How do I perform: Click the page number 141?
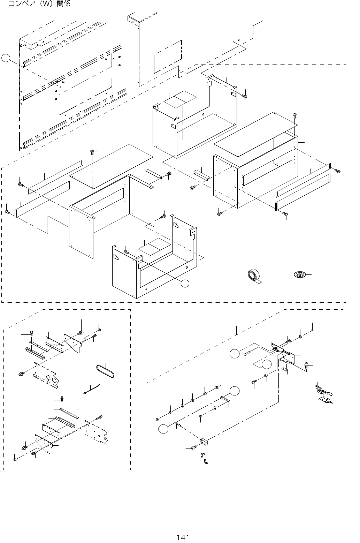click(183, 537)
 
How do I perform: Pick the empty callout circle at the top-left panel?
click(6, 58)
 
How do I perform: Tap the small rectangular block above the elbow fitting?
click(204, 442)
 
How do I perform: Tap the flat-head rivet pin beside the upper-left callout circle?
click(246, 354)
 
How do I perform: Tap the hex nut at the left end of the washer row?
click(158, 419)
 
